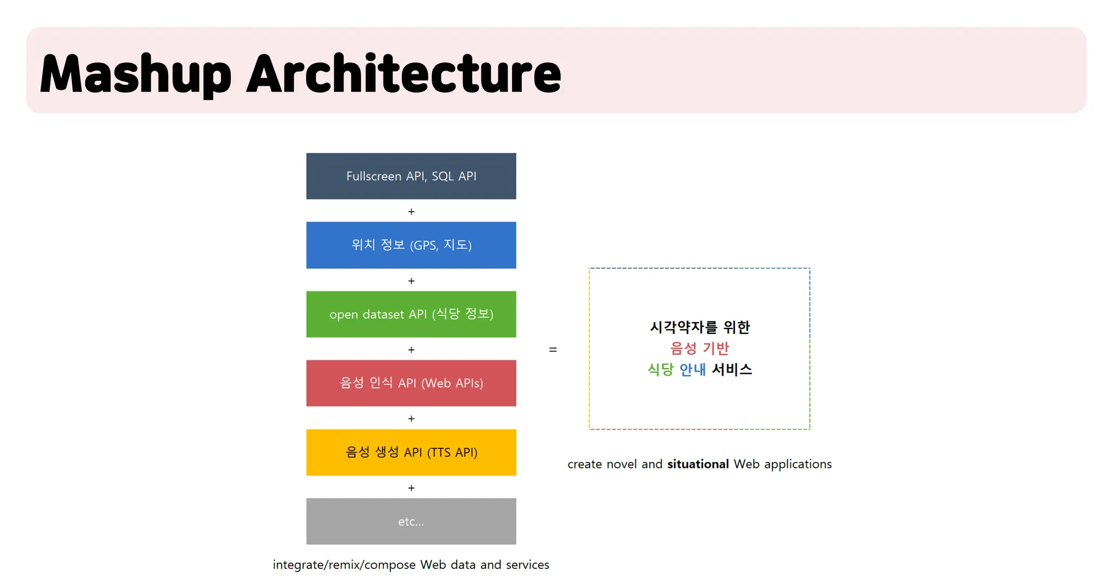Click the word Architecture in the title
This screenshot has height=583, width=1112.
[403, 74]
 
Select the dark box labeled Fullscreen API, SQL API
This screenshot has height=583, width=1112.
[411, 176]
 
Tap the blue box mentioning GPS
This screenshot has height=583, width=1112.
[411, 245]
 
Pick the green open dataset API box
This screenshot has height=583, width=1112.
[411, 314]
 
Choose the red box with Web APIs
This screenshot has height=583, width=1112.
[411, 383]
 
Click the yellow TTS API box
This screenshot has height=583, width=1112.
[411, 452]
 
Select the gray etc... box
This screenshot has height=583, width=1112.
[411, 521]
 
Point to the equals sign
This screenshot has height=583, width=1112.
[553, 350]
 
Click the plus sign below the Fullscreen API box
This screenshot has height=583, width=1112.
[411, 212]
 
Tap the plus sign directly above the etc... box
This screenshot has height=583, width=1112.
[411, 488]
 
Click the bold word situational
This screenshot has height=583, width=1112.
[698, 464]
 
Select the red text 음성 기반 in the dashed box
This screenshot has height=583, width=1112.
[699, 348]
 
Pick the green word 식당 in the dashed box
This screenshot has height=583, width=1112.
[660, 370]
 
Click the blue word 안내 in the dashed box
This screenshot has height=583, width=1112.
[692, 370]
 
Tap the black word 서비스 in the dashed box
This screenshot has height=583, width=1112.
[732, 370]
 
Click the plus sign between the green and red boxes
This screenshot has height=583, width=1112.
[411, 350]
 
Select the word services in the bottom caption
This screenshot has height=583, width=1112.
[527, 565]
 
